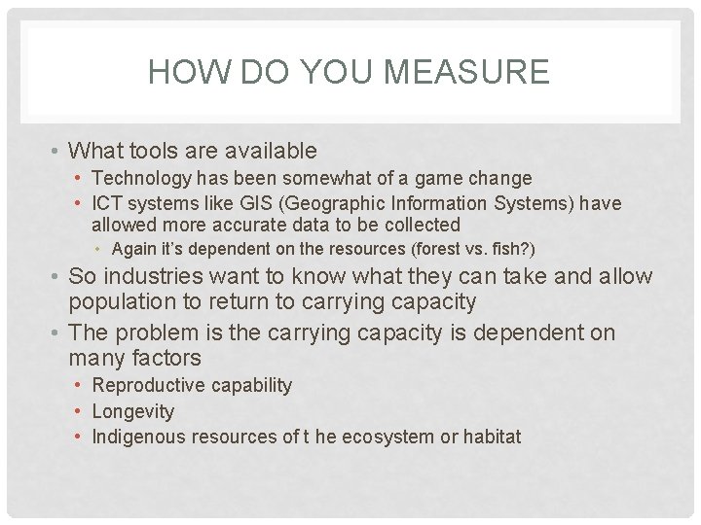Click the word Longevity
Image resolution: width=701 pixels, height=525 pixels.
point(132,411)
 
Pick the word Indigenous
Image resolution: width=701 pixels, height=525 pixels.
point(136,437)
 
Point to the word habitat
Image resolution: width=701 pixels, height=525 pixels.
point(492,437)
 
